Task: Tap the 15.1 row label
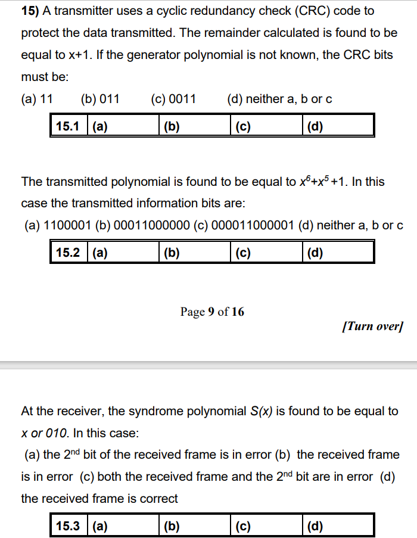click(68, 126)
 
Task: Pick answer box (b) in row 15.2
click(195, 253)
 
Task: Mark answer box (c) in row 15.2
click(266, 253)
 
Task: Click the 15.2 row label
click(68, 253)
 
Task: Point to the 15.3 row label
click(68, 526)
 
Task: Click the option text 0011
click(182, 99)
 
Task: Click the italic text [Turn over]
click(373, 326)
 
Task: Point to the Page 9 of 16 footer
click(212, 312)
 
